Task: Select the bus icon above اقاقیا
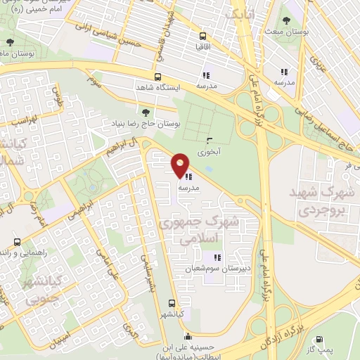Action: click(202, 36)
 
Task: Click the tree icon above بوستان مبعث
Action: click(286, 21)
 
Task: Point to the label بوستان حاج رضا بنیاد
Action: click(144, 122)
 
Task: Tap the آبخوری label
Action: click(209, 150)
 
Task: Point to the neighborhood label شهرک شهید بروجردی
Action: click(324, 200)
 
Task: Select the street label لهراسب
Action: click(22, 120)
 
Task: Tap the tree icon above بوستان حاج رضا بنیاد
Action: click(146, 111)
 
